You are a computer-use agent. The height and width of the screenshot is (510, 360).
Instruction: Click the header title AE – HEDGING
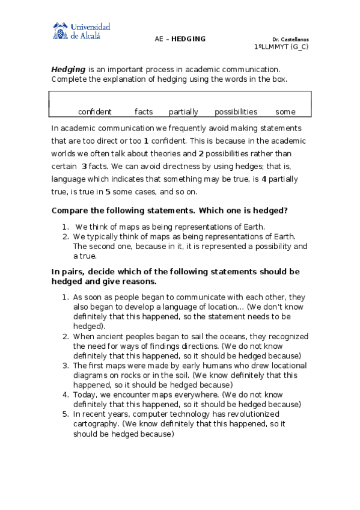click(180, 39)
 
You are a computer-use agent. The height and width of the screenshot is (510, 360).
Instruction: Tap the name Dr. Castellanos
click(290, 39)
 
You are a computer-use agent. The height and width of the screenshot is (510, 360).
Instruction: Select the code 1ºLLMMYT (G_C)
click(281, 47)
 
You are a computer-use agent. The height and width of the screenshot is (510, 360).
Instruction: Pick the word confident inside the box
click(95, 112)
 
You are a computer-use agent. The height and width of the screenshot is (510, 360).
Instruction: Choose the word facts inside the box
click(144, 112)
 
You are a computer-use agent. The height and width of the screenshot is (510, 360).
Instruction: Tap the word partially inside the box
click(183, 112)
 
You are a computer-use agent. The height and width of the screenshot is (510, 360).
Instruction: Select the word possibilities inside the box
click(236, 112)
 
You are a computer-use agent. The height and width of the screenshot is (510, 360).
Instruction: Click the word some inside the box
click(285, 112)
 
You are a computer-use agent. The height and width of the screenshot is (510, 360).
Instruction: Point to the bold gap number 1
click(146, 141)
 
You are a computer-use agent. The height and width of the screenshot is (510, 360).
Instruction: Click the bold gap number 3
click(84, 166)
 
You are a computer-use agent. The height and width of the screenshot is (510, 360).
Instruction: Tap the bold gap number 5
click(108, 192)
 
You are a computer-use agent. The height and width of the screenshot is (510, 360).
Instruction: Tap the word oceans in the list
click(185, 337)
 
